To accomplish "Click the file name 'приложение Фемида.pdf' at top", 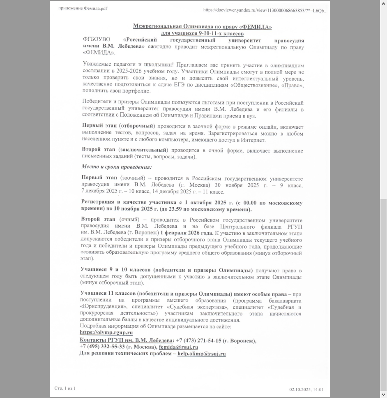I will click(x=83, y=8).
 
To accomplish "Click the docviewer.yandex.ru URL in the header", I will click(x=265, y=10).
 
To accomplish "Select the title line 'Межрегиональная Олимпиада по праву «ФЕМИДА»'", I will click(x=202, y=27).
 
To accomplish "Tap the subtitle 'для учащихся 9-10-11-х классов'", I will click(x=202, y=34).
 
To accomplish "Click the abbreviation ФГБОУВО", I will click(x=97, y=40).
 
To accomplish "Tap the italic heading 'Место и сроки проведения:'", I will click(x=116, y=167).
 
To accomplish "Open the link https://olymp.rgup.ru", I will click(x=106, y=333).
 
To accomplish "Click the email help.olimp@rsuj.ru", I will click(x=201, y=354).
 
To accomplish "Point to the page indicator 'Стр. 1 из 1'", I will click(x=65, y=389).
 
